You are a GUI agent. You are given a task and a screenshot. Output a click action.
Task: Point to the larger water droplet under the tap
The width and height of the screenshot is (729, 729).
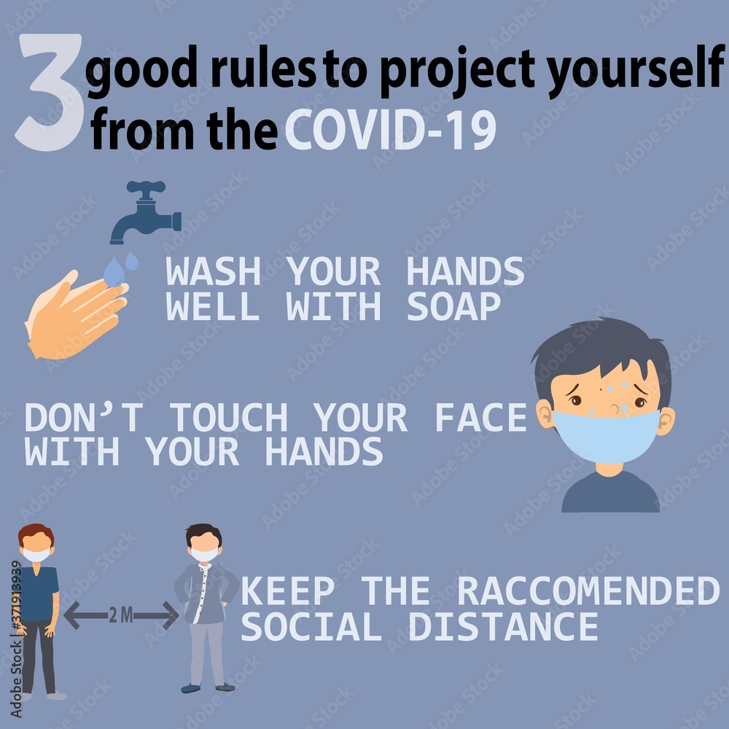(114, 273)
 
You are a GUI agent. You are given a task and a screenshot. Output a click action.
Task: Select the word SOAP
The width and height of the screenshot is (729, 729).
(453, 306)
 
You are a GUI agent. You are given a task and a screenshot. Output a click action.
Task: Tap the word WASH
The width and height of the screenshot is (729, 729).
(213, 271)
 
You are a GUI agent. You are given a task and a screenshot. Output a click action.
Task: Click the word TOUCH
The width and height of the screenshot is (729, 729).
(227, 417)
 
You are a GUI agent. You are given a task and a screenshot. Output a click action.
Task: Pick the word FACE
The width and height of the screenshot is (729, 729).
(480, 417)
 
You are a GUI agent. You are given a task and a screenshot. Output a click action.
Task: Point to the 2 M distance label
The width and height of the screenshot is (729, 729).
(121, 615)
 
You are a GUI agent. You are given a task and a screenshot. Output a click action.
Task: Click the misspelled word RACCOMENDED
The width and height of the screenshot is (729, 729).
(588, 590)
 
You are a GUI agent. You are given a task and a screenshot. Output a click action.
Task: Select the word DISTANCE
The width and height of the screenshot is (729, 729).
(503, 626)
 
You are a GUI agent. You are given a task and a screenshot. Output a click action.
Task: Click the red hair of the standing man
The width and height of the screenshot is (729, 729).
(36, 534)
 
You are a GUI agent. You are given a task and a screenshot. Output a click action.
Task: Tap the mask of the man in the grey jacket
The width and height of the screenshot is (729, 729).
(204, 555)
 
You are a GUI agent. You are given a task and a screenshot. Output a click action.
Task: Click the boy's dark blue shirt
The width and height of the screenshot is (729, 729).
(610, 493)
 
